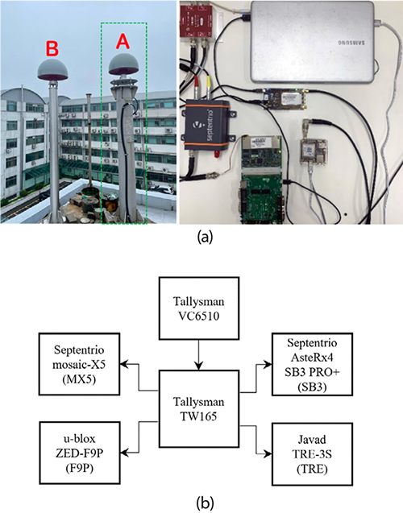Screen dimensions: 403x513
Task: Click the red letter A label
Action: point(123,42)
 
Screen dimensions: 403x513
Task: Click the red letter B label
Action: point(52,49)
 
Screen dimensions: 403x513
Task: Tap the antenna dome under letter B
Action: point(52,70)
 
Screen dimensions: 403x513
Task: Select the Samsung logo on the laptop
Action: point(351,42)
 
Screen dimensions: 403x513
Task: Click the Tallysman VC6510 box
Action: point(199,308)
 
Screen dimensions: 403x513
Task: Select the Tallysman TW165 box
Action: point(199,408)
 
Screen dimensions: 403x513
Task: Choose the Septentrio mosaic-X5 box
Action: point(79,364)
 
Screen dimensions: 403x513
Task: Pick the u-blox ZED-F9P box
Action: point(80,453)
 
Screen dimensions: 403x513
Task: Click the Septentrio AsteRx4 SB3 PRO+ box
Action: point(312,365)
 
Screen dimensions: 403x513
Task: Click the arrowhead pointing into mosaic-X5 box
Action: point(124,364)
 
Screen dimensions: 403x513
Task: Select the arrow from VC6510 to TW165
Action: point(199,355)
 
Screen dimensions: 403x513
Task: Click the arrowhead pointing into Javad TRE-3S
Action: point(268,453)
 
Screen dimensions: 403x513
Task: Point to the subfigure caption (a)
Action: point(206,237)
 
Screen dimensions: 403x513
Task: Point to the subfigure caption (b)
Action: point(206,503)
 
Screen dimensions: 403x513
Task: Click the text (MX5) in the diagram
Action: point(79,380)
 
